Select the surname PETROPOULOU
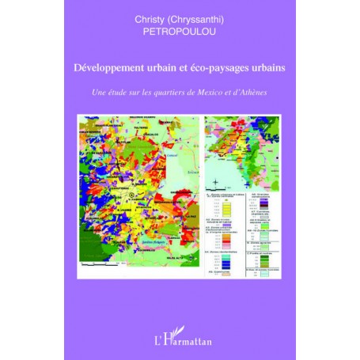click(180, 35)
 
